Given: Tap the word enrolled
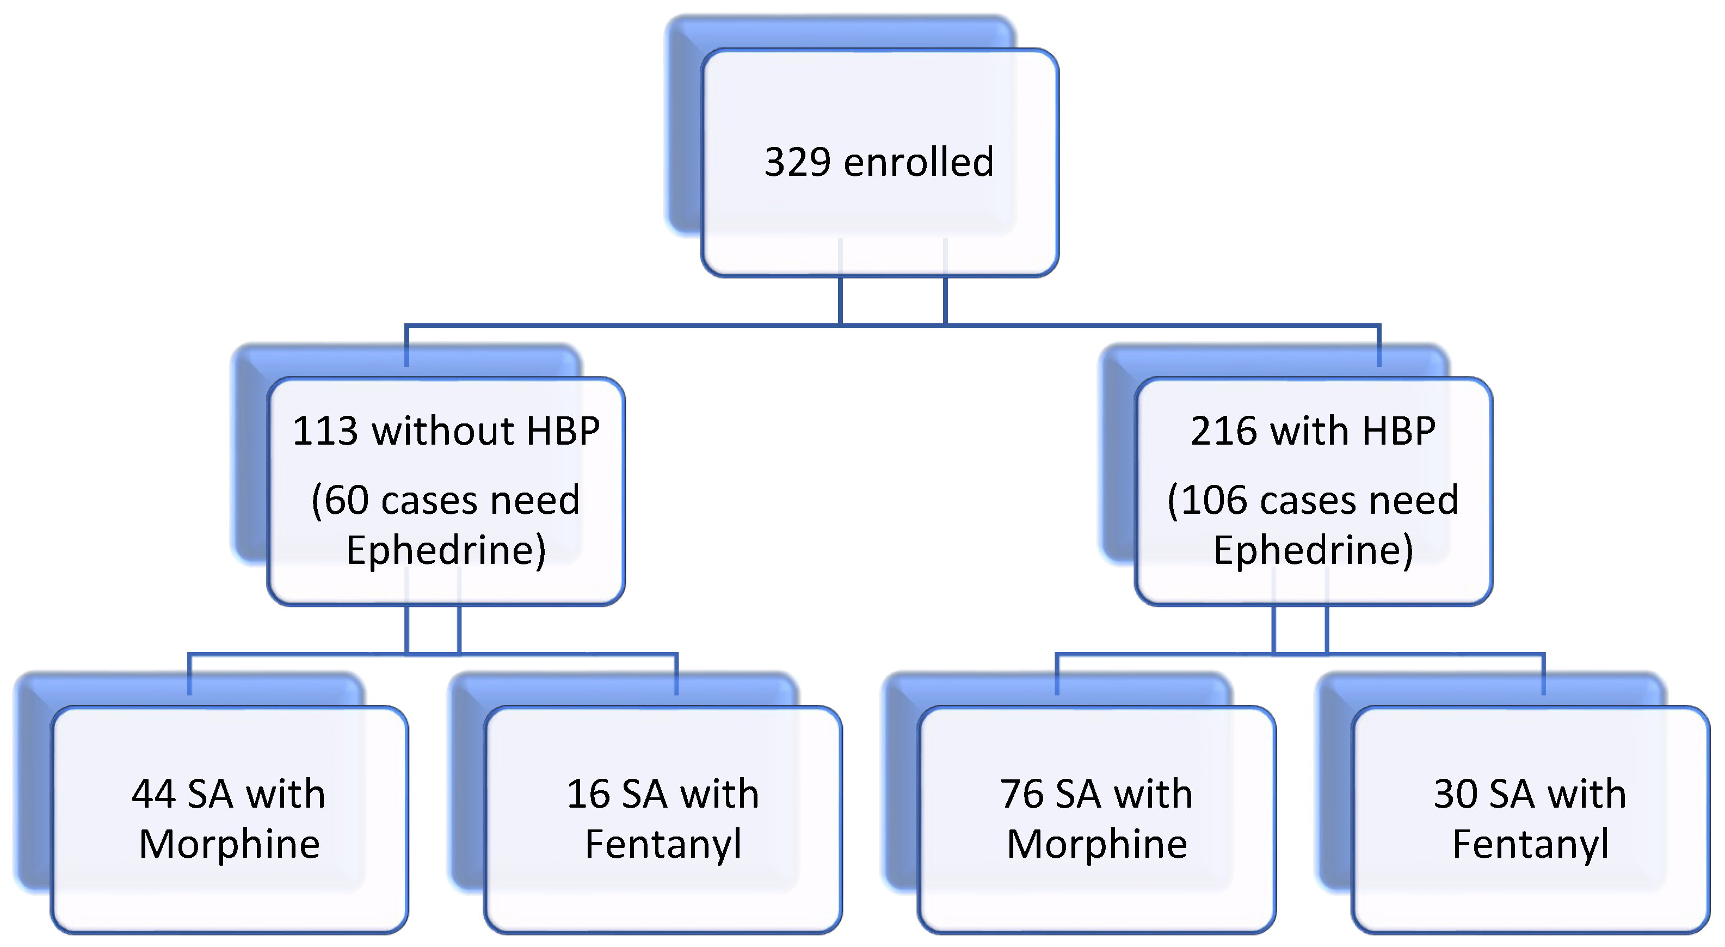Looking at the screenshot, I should [x=918, y=163].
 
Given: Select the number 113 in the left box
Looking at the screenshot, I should [x=325, y=431].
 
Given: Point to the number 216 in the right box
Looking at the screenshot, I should [x=1222, y=431].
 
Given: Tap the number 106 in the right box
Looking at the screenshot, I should [x=1216, y=500].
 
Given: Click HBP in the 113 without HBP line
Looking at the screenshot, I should [x=563, y=431].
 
